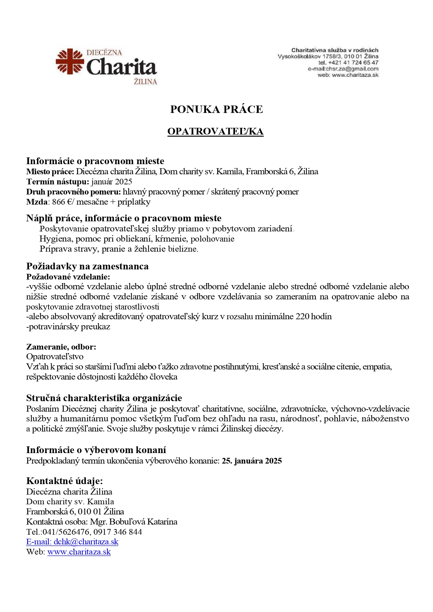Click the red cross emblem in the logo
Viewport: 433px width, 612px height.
point(70,62)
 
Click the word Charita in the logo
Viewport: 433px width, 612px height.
point(121,67)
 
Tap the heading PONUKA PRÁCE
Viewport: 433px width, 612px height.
point(216,109)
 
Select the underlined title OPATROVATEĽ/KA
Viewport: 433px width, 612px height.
point(215,131)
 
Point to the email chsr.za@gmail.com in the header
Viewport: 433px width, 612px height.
point(352,69)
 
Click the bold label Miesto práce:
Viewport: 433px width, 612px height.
point(50,171)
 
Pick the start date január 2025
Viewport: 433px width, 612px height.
point(112,182)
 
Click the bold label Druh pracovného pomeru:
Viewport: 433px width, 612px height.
point(73,192)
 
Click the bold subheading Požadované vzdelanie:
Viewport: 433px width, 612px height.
point(68,277)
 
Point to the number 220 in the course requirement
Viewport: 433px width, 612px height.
point(302,316)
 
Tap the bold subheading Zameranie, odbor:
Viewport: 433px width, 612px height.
point(61,347)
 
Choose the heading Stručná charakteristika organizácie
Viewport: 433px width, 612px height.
point(104,398)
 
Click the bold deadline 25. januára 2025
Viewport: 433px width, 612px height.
point(252,461)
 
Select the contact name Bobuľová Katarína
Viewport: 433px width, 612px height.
point(143,522)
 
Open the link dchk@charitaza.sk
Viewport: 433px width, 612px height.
point(86,542)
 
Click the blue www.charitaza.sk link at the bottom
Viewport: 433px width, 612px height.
point(79,552)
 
